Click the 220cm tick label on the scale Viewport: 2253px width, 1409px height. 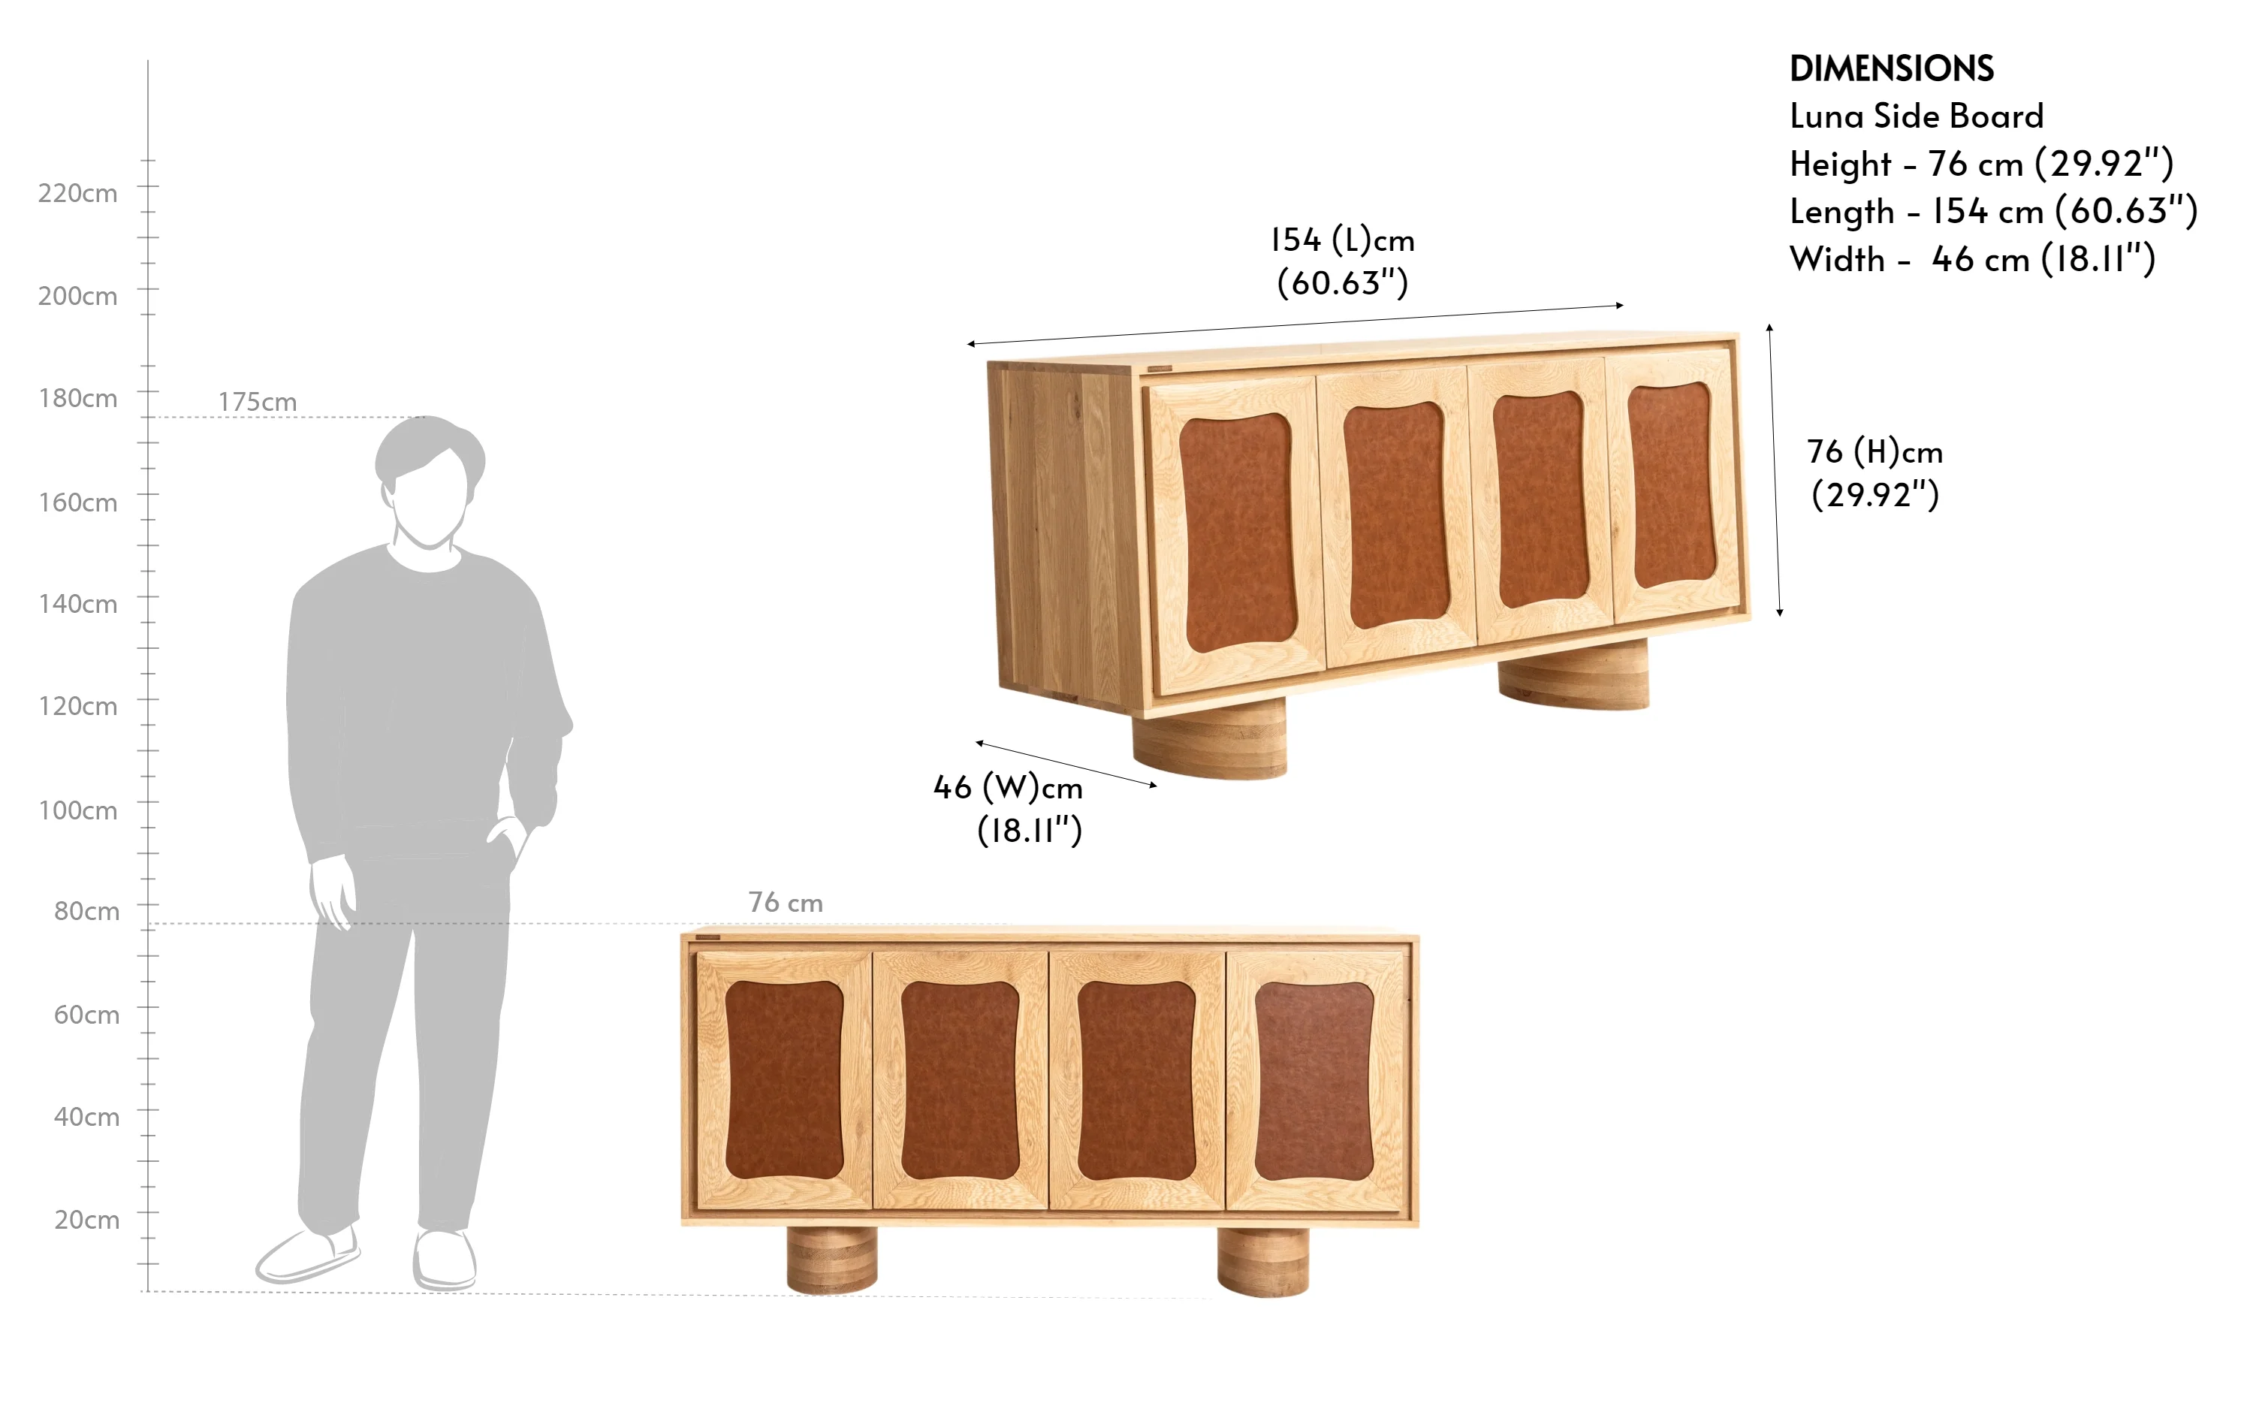[x=77, y=194]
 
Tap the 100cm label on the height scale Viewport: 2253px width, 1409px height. [x=77, y=810]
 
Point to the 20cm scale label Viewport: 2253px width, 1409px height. [x=86, y=1220]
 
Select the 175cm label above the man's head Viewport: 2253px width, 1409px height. [x=257, y=402]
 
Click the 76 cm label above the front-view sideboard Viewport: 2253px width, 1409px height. [x=786, y=902]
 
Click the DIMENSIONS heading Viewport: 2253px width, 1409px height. [x=1892, y=69]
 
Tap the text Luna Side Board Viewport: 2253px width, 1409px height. [x=1917, y=116]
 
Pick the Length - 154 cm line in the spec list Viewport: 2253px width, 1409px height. [x=1994, y=212]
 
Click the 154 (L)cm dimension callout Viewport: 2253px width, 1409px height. [x=1343, y=261]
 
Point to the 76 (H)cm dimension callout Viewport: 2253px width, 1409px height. [x=1874, y=473]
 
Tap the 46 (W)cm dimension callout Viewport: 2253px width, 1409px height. [x=1008, y=809]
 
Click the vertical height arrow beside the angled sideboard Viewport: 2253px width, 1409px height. [x=1774, y=469]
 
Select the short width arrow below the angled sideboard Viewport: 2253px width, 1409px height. [x=1066, y=764]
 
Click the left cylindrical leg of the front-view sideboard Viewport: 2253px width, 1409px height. [x=831, y=1259]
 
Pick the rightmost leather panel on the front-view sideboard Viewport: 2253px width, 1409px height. [x=1313, y=1081]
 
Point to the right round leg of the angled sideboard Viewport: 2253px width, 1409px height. [x=1573, y=674]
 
